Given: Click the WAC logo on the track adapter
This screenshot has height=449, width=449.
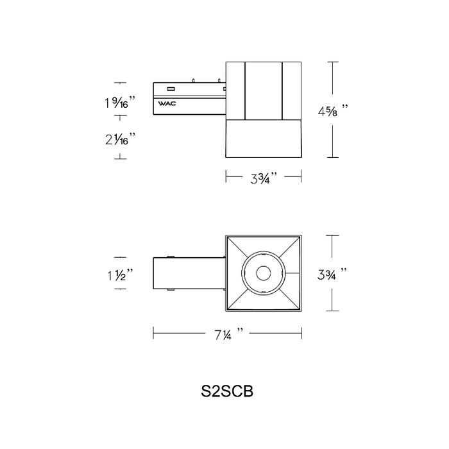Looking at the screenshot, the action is pyautogui.click(x=167, y=103).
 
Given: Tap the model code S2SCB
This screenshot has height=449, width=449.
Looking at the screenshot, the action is pyautogui.click(x=227, y=391).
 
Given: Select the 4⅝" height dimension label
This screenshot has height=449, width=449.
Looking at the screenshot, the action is pyautogui.click(x=333, y=111).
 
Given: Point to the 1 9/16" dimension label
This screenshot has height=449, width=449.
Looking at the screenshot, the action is pyautogui.click(x=120, y=102).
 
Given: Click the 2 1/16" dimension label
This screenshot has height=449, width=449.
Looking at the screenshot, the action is pyautogui.click(x=120, y=139).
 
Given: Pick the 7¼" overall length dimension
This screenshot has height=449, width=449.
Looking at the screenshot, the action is pyautogui.click(x=229, y=334).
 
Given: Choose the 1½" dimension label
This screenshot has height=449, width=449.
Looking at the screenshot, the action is pyautogui.click(x=121, y=275).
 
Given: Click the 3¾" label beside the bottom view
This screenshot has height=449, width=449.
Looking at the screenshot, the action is pyautogui.click(x=332, y=274).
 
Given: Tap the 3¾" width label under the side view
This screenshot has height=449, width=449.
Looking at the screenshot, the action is pyautogui.click(x=264, y=178).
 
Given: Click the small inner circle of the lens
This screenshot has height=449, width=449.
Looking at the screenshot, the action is pyautogui.click(x=264, y=273).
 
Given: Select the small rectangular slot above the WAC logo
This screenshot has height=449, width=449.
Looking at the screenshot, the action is pyautogui.click(x=171, y=89).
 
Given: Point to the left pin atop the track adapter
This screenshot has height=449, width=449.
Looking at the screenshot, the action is pyautogui.click(x=194, y=80).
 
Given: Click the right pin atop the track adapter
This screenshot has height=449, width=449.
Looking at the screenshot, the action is pyautogui.click(x=219, y=80).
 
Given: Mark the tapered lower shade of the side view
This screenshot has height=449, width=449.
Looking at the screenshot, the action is pyautogui.click(x=264, y=139).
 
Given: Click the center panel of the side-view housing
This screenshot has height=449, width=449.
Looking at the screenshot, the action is pyautogui.click(x=264, y=91).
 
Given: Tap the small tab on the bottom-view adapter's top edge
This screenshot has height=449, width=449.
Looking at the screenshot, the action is pyautogui.click(x=171, y=257).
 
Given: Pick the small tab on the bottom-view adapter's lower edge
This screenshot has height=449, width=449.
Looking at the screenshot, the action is pyautogui.click(x=171, y=290).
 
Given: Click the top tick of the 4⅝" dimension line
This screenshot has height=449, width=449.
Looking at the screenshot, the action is pyautogui.click(x=332, y=62).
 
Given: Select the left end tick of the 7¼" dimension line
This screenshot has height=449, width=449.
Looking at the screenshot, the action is pyautogui.click(x=153, y=334).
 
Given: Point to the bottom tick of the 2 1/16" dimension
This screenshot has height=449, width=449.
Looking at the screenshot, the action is pyautogui.click(x=121, y=158).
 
